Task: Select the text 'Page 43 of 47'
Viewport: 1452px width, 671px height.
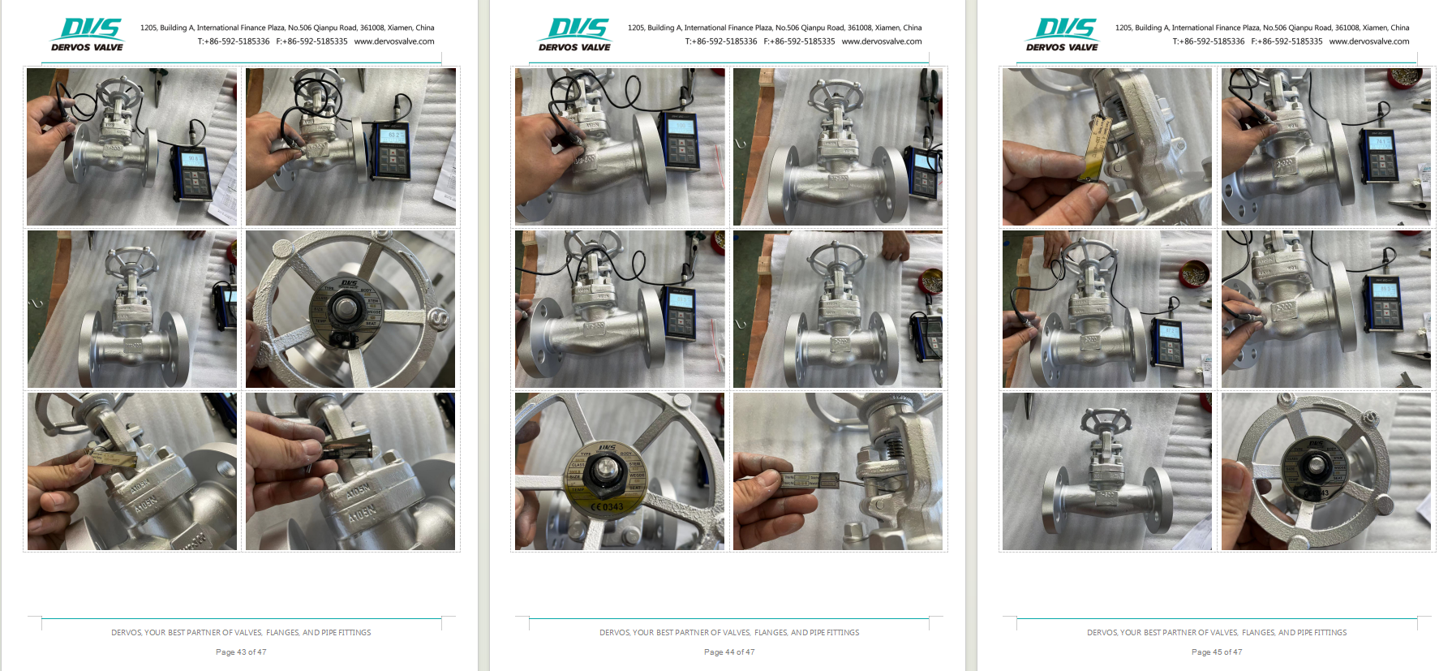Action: pos(241,652)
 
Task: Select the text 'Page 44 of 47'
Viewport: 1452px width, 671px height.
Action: pos(729,652)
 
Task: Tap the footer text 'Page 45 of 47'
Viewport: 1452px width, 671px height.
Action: pos(1217,652)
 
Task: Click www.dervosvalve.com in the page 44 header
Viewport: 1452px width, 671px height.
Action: pos(882,41)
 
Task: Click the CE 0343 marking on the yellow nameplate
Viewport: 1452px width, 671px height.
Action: pos(606,507)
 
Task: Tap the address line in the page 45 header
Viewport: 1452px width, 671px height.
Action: pos(1262,28)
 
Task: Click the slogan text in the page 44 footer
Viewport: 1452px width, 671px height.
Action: pos(729,632)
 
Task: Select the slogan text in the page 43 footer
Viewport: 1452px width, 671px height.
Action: pos(241,632)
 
